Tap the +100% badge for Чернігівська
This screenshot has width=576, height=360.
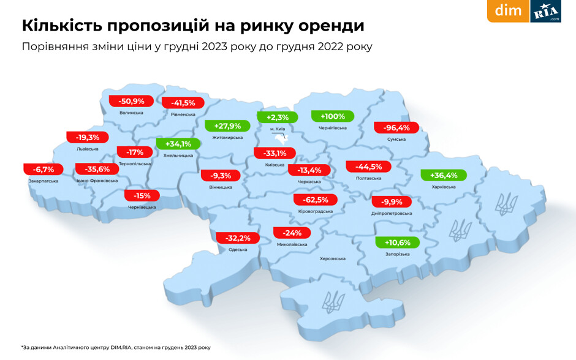[332, 116]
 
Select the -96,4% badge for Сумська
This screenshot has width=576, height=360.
[396, 128]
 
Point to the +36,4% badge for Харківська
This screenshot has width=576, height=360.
[444, 175]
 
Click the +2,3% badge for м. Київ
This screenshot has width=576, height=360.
[277, 117]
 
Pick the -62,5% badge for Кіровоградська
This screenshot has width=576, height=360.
[316, 200]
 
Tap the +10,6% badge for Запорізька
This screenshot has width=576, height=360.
[397, 242]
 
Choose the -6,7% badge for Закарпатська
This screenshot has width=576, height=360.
[44, 169]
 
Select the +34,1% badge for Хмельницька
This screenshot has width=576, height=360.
[178, 144]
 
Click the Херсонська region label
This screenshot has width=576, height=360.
[332, 259]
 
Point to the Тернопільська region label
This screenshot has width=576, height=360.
[135, 164]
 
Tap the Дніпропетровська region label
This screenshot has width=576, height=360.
[392, 214]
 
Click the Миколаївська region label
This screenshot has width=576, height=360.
[291, 244]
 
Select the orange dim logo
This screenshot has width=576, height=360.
[508, 11]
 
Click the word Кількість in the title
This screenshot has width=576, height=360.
[59, 26]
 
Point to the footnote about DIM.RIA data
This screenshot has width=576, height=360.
[116, 347]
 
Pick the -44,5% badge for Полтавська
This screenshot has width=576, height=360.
[368, 167]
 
